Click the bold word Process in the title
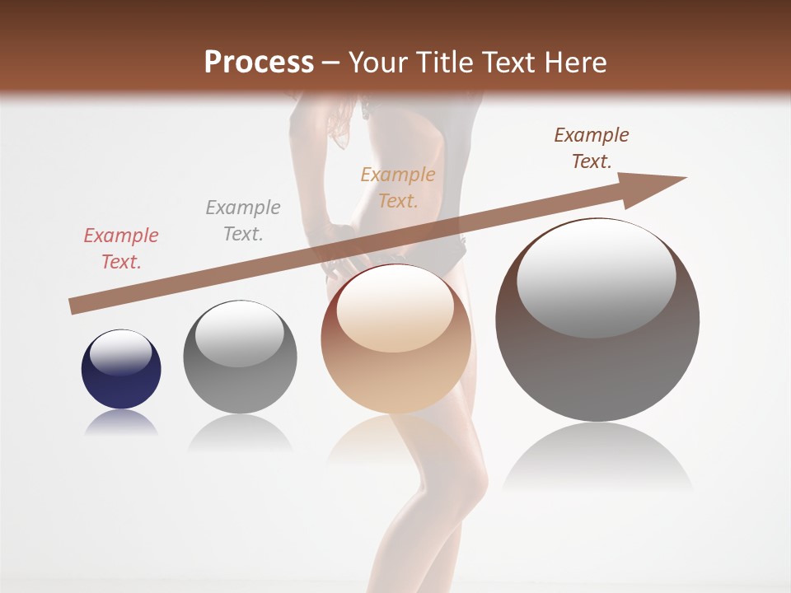259,63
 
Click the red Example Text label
121,248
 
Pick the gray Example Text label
243,220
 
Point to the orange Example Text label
398,187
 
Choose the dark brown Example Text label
591,148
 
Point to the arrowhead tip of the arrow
684,178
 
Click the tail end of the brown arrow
73,306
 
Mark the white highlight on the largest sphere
596,278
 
